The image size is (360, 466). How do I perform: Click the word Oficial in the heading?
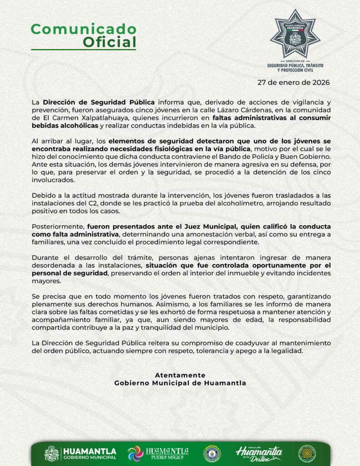(109, 42)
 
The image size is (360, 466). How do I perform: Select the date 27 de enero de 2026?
(293, 82)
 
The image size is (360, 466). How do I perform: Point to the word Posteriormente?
(58, 226)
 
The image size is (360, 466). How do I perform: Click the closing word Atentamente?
(180, 375)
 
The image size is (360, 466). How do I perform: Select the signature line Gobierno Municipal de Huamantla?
(180, 383)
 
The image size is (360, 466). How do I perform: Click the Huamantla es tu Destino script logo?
(259, 453)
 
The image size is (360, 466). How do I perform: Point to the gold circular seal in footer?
(307, 453)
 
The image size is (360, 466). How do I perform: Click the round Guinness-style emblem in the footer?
(212, 453)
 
